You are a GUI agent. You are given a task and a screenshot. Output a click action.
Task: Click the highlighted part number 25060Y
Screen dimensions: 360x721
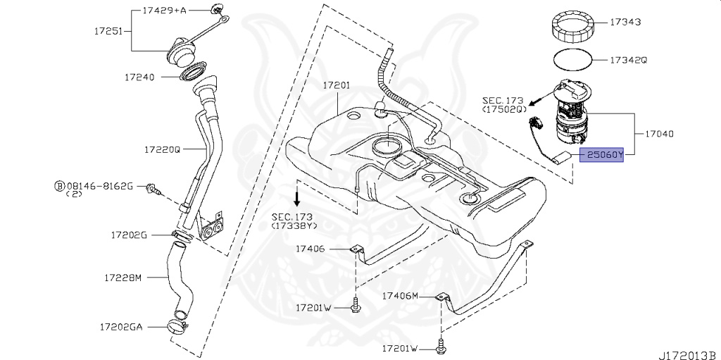(601, 154)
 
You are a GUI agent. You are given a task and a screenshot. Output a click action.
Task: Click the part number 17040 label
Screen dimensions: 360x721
(659, 132)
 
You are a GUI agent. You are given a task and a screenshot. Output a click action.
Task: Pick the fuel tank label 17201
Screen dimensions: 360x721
(337, 85)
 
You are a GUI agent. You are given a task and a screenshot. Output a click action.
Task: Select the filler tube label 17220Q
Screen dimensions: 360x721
(163, 149)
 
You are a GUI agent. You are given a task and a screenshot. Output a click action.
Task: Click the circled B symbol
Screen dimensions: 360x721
(59, 185)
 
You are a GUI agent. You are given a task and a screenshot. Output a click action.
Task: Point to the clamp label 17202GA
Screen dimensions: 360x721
(121, 327)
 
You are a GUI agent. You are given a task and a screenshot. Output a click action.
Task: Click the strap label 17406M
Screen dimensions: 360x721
(400, 296)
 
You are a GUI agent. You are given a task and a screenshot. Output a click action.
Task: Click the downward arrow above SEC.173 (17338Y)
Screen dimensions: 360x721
(297, 192)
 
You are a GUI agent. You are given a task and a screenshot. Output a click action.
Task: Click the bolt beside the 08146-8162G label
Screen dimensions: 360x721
(153, 189)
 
